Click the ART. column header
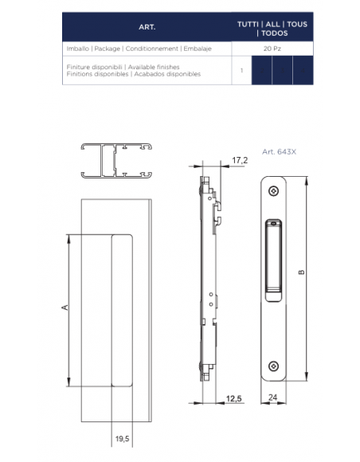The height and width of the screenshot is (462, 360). [147, 27]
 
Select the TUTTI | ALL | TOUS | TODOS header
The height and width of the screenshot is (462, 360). [272, 29]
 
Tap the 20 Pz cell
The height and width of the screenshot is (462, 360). [272, 49]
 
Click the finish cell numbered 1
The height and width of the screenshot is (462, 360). [241, 70]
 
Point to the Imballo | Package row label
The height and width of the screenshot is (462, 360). [139, 49]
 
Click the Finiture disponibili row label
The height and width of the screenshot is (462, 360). [134, 70]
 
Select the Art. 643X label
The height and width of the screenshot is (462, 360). [279, 151]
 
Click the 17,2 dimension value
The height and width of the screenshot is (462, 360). [240, 160]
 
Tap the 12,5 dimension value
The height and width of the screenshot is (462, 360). [233, 398]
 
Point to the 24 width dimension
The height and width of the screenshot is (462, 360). [273, 397]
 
